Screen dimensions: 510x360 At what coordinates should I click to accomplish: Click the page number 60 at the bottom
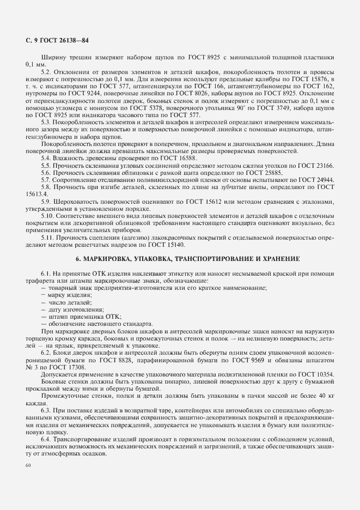(x=29, y=465)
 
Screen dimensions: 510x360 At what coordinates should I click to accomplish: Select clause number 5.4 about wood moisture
(x=45, y=157)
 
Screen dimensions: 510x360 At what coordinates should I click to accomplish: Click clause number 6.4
(x=46, y=439)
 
